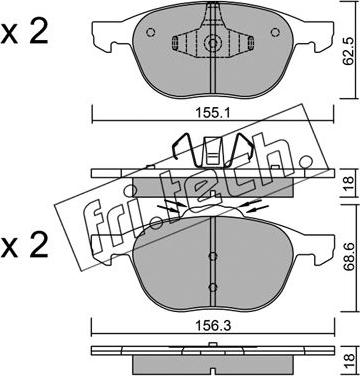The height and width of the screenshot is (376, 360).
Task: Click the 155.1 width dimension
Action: pyautogui.click(x=213, y=114)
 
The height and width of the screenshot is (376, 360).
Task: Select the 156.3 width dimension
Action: pyautogui.click(x=213, y=326)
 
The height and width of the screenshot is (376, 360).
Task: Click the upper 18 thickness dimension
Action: pyautogui.click(x=348, y=182)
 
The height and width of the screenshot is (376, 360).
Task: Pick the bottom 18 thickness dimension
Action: pyautogui.click(x=348, y=360)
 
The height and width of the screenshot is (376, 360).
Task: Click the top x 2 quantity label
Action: pyautogui.click(x=24, y=32)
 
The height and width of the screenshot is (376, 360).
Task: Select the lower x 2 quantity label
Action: pyautogui.click(x=24, y=247)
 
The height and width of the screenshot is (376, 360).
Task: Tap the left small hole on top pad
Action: pyautogui.click(x=151, y=32)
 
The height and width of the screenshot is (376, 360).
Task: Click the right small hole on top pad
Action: pyautogui.click(x=275, y=32)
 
